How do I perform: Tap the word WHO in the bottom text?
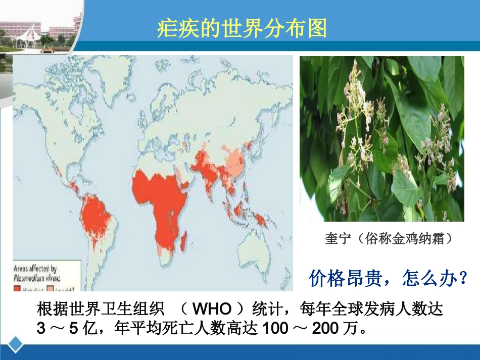click(x=212, y=308)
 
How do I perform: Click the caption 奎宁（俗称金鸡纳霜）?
click(x=388, y=238)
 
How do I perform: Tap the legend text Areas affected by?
click(x=35, y=269)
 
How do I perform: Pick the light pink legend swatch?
click(x=51, y=289)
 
